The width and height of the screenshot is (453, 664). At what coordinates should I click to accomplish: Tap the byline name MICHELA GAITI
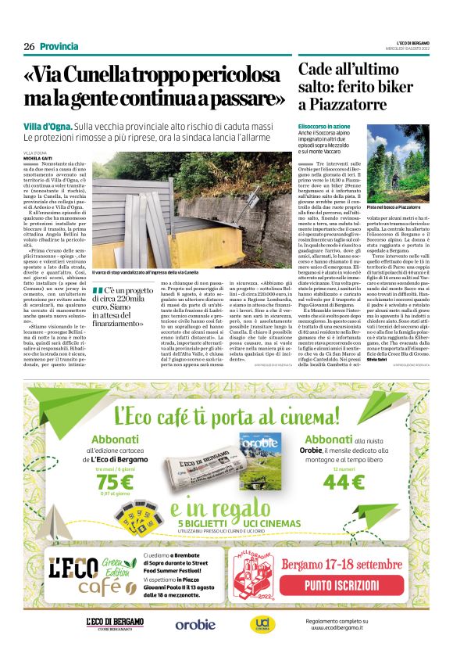coord(39,157)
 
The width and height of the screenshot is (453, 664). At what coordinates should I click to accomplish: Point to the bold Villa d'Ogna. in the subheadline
coord(48,126)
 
